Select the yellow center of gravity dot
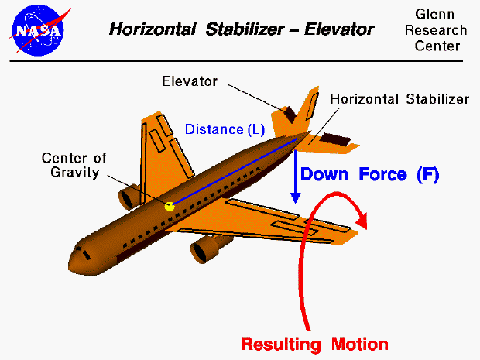click(x=170, y=206)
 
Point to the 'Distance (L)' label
click(x=225, y=129)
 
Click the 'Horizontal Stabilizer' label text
click(x=399, y=99)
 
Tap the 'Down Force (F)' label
click(x=369, y=175)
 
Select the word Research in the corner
click(x=441, y=31)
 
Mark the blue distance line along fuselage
click(x=232, y=173)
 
